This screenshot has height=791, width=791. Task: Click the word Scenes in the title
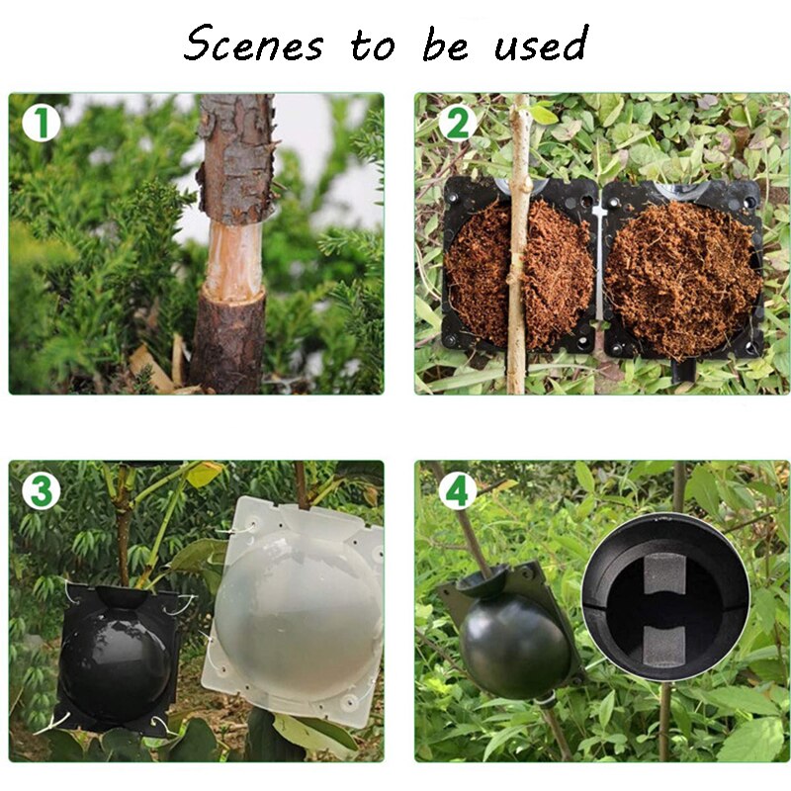point(253,44)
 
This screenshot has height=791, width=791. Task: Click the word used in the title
point(542,44)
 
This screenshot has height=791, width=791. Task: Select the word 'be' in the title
point(447,44)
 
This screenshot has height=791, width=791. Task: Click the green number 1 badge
point(40,124)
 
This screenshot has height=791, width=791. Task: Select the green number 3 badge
point(41,490)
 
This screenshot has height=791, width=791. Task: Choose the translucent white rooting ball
point(297,608)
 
